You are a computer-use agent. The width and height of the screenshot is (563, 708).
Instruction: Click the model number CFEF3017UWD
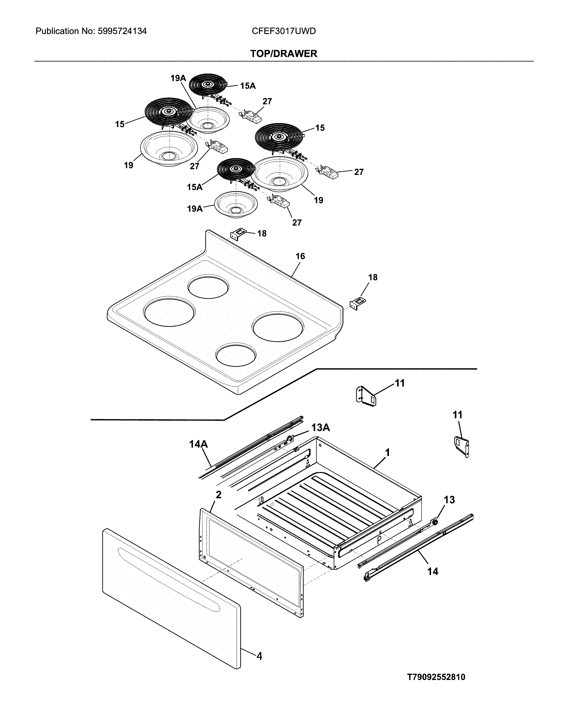tap(284, 31)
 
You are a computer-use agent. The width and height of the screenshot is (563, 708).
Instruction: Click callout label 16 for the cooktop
tap(300, 256)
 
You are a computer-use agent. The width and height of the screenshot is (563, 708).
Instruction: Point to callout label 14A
tap(198, 444)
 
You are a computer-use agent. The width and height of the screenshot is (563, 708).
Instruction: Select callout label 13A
tap(320, 427)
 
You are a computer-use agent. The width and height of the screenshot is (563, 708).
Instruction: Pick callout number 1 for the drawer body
tap(388, 453)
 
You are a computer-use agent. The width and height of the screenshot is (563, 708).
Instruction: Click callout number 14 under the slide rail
tap(432, 571)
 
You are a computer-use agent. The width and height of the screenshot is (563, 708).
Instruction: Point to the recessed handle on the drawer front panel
tap(169, 580)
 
